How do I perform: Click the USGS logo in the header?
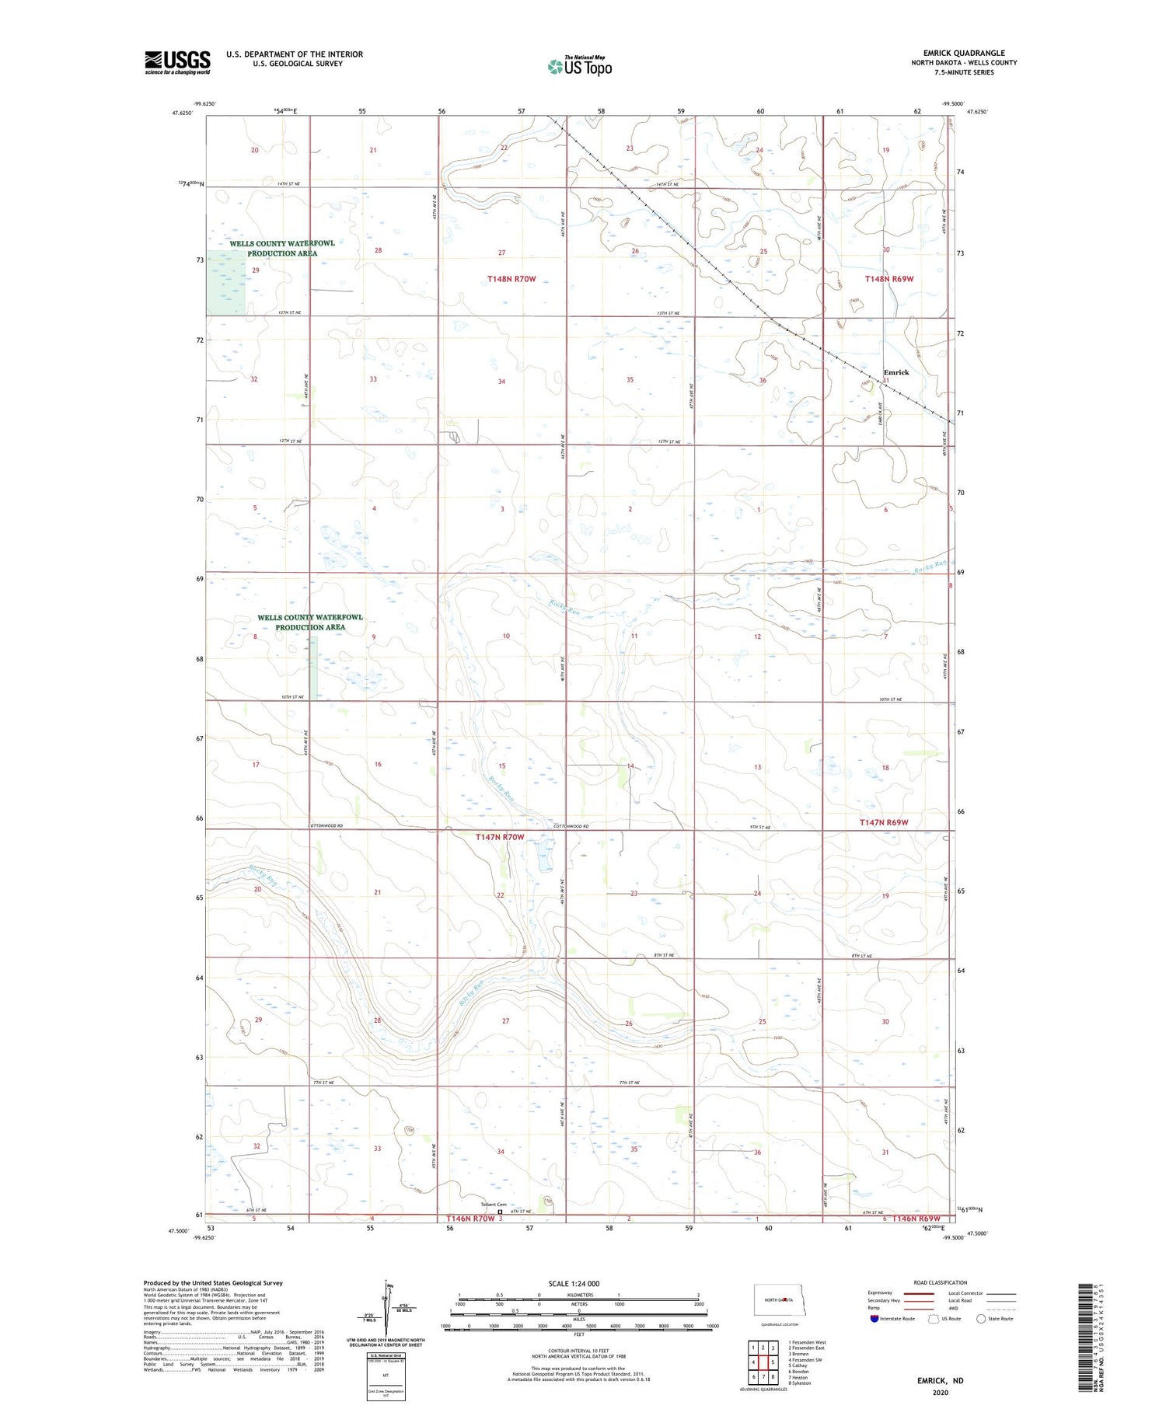pos(177,62)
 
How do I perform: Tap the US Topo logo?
pos(579,66)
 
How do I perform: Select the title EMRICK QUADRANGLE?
pos(964,53)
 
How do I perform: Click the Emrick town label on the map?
pos(895,372)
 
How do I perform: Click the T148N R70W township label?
pos(511,278)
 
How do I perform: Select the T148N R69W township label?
pos(890,278)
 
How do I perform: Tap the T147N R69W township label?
pos(884,822)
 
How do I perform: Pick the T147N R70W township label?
pos(500,837)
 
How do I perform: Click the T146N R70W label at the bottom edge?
pos(470,1219)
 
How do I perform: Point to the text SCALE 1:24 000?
pos(574,1283)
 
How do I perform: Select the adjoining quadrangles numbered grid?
pos(763,1362)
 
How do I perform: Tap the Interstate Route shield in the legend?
pos(874,1318)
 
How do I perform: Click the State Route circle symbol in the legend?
pos(981,1318)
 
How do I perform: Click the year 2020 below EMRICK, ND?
pos(940,1392)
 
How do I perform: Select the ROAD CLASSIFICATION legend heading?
pos(940,1282)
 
